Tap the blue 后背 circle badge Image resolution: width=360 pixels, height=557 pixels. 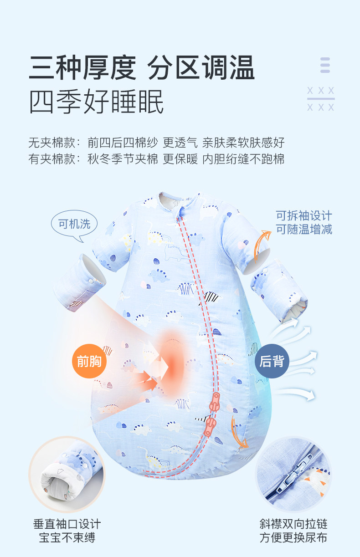[272, 362]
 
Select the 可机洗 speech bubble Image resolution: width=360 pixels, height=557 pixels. [74, 224]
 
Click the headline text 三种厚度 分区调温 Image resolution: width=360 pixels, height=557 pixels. [142, 68]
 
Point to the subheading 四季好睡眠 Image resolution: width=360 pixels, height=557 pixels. [96, 102]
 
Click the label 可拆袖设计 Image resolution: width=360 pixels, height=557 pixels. [304, 215]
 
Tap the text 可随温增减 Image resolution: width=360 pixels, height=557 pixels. [304, 229]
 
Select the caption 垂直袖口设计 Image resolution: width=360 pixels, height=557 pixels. [67, 524]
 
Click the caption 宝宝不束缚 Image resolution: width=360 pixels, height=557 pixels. [67, 537]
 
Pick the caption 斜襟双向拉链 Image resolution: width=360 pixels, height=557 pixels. [293, 524]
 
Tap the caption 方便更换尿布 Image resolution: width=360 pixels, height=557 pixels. [293, 537]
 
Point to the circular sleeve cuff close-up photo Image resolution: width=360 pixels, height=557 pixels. [67, 474]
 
